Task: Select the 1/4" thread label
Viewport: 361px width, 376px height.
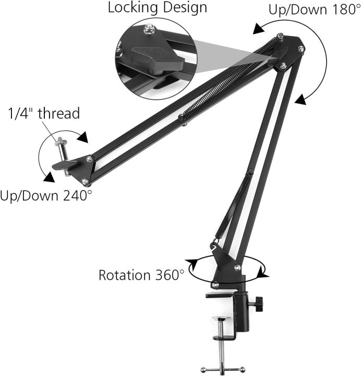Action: [x=43, y=113]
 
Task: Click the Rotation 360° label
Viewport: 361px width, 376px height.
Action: [x=141, y=275]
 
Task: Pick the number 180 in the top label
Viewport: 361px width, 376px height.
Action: [x=341, y=10]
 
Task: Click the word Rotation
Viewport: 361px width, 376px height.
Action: [x=124, y=275]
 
